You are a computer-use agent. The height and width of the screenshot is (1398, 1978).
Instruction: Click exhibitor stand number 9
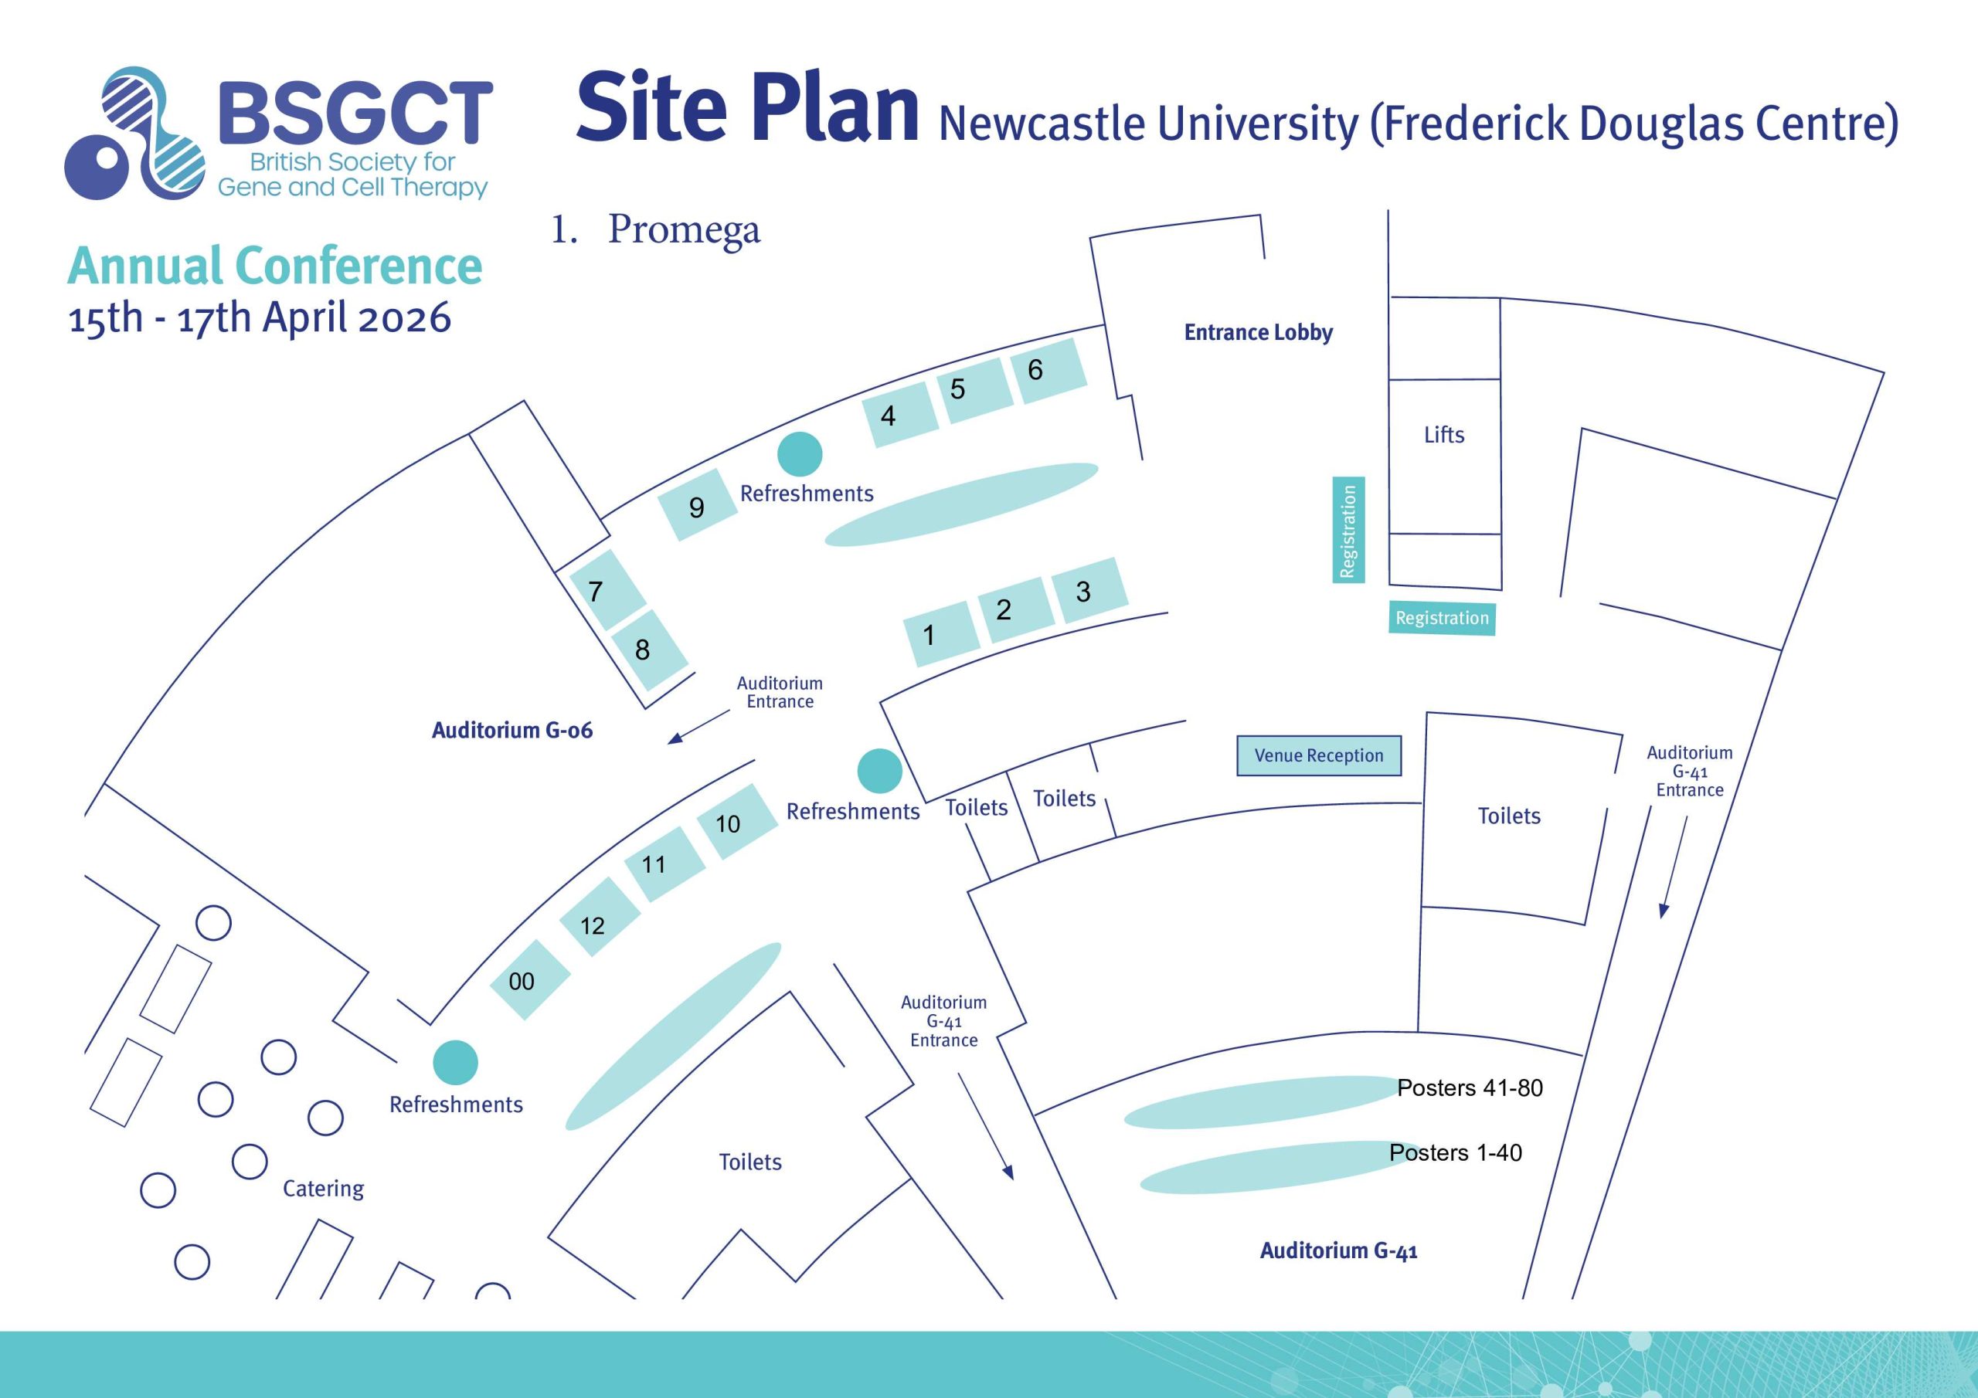(697, 506)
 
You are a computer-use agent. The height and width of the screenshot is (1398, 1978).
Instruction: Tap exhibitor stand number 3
(1089, 591)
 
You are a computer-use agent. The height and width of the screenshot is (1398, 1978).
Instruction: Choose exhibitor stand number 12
(599, 918)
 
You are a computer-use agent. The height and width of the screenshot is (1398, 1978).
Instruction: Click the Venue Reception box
(1318, 755)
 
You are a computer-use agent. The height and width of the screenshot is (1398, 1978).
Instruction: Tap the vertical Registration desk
(1348, 530)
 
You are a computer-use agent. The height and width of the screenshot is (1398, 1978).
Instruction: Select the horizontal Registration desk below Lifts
(1441, 619)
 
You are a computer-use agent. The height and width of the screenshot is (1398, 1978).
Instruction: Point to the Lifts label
(1444, 435)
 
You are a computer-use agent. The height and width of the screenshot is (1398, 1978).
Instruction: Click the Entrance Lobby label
(1258, 332)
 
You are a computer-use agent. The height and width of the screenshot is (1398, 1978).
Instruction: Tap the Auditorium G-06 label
(511, 731)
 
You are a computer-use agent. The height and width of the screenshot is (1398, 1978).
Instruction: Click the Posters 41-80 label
(1469, 1088)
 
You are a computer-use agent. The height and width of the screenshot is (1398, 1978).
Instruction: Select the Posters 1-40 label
(1455, 1152)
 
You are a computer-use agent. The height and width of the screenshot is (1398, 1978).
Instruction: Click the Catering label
(323, 1189)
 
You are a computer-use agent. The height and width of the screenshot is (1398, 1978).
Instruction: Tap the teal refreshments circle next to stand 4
(800, 454)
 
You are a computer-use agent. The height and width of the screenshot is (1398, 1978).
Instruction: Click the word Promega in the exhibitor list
(684, 230)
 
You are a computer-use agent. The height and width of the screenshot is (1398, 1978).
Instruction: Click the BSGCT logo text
(355, 113)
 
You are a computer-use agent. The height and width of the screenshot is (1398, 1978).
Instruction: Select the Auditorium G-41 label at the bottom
(1338, 1250)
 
